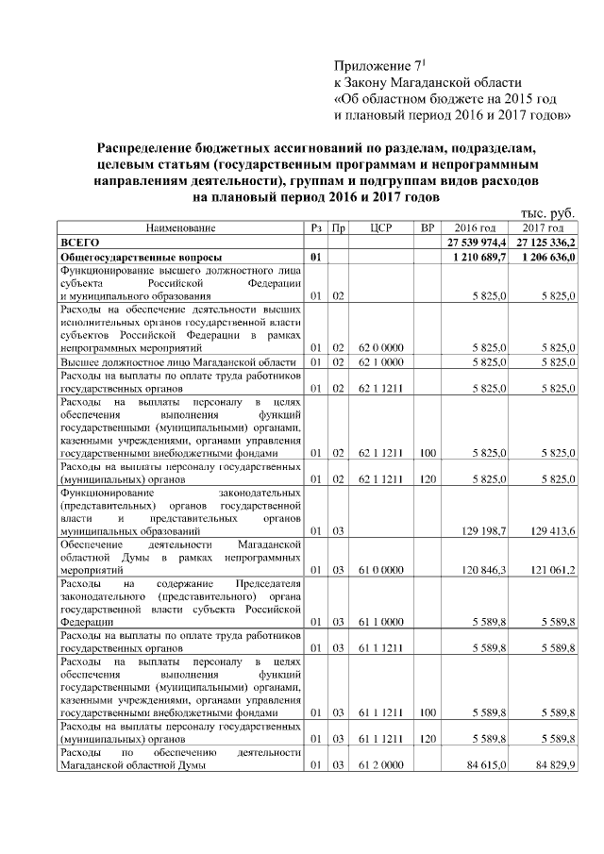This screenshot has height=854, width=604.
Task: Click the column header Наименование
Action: pos(180,228)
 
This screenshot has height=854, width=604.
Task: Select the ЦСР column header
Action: pos(381,228)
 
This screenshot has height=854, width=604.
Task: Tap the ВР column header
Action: pos(427,228)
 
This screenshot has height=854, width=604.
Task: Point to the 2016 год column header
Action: pos(475,228)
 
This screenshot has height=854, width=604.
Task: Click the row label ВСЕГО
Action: pos(80,243)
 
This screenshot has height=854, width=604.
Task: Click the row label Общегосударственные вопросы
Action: pos(142,257)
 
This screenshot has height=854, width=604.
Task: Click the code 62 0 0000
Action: pos(381,348)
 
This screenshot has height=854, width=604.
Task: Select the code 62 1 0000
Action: pos(381,362)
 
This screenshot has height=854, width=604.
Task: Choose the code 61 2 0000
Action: pos(381,765)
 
